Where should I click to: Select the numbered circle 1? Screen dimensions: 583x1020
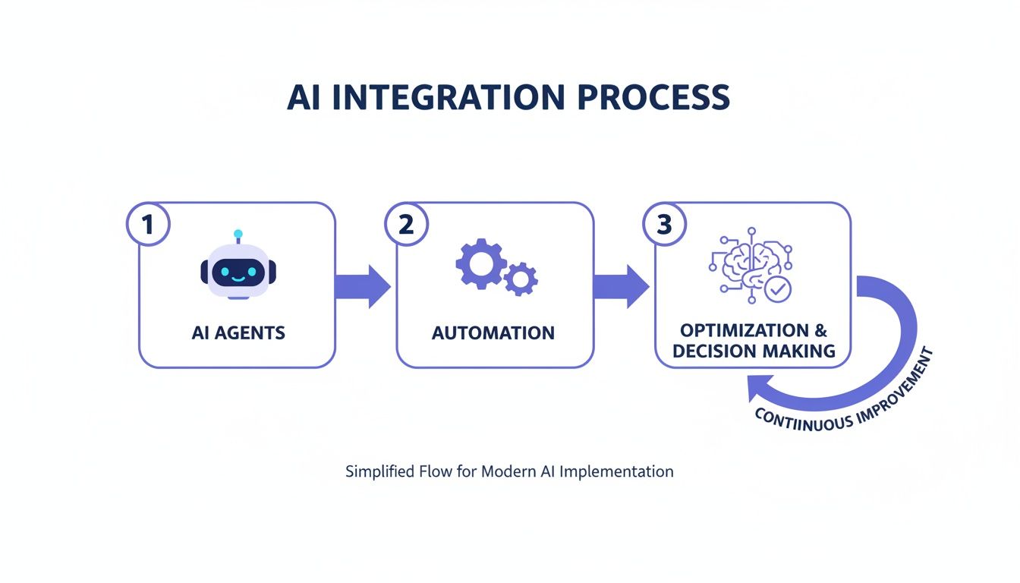point(148,225)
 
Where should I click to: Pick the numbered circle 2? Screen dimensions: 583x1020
point(406,225)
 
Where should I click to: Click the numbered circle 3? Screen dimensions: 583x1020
point(664,225)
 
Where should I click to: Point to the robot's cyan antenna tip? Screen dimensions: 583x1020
point(238,233)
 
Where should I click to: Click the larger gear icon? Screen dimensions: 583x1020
point(480,263)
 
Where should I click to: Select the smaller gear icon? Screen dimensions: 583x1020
point(521,279)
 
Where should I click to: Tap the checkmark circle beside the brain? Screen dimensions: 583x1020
point(776,289)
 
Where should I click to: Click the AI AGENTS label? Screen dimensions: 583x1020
point(238,332)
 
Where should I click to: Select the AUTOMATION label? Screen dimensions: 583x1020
point(493,332)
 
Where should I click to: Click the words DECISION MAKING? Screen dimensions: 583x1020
point(754,351)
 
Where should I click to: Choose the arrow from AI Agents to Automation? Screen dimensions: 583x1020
point(363,286)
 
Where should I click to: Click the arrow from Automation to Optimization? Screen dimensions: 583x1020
point(621,286)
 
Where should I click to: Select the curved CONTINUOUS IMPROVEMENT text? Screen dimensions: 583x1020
point(844,398)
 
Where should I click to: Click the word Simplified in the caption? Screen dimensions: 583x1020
point(379,471)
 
